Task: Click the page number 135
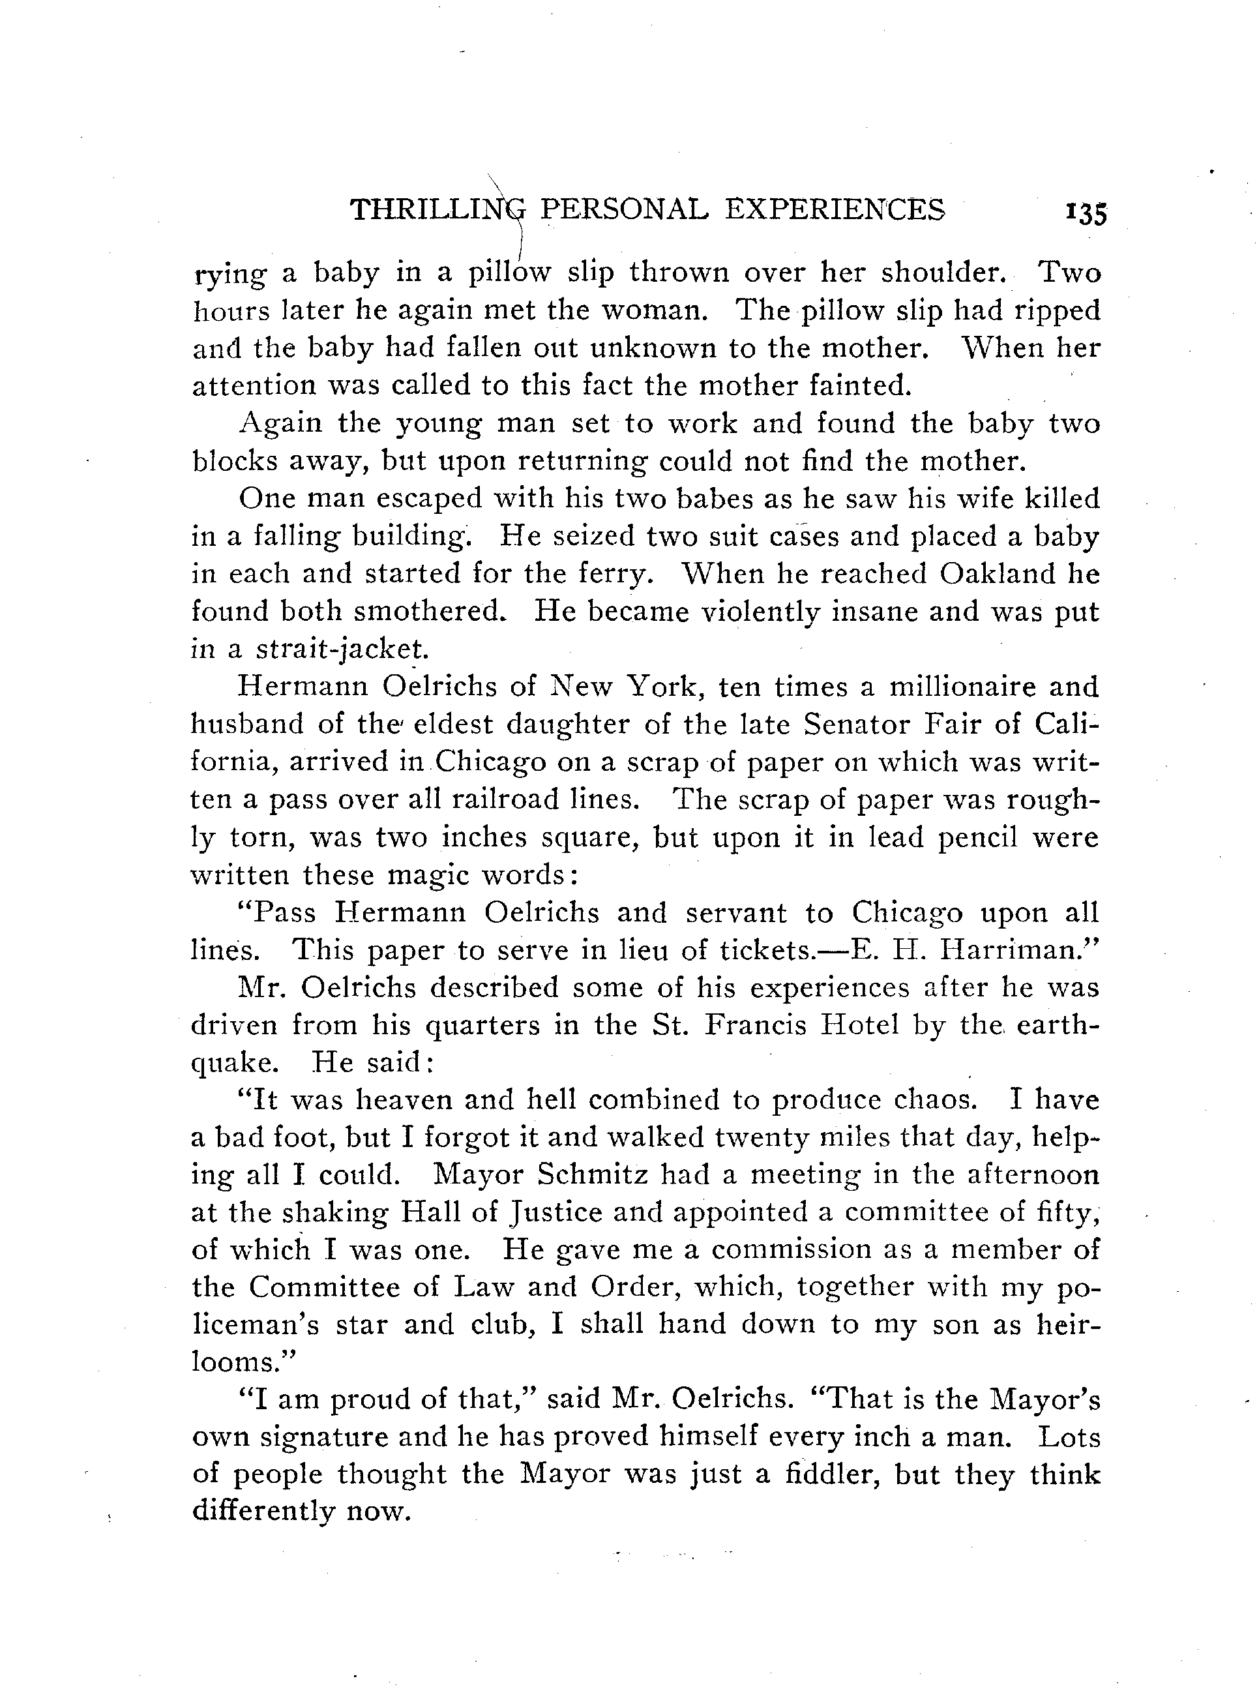point(1085,214)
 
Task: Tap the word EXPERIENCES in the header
point(835,209)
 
